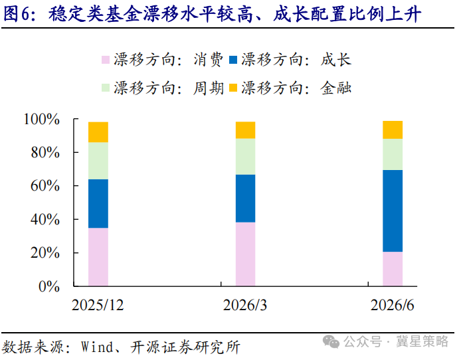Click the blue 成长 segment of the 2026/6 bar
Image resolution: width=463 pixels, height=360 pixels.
click(393, 211)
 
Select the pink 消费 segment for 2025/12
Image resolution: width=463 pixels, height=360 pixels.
click(98, 257)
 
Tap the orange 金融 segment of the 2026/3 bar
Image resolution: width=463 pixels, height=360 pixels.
click(245, 130)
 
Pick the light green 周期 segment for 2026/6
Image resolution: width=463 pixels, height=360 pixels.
click(393, 155)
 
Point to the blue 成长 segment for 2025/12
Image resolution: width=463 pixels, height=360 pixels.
click(98, 204)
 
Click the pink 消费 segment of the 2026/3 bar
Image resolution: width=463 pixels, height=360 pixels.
click(245, 254)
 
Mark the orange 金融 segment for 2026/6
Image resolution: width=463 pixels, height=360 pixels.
click(393, 130)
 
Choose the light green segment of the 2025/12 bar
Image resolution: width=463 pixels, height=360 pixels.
click(98, 161)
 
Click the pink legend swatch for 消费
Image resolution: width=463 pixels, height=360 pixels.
click(106, 60)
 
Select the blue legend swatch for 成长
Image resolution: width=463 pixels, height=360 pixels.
click(233, 60)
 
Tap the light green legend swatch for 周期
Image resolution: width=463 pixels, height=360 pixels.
click(106, 88)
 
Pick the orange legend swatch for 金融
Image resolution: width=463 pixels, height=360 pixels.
click(233, 88)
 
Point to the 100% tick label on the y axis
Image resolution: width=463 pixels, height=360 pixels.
click(42, 120)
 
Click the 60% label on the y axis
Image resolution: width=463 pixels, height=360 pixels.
click(45, 186)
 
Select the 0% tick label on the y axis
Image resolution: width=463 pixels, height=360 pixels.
click(49, 286)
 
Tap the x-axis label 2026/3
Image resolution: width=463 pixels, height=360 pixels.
click(245, 305)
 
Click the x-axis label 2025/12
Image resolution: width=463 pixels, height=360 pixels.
click(98, 305)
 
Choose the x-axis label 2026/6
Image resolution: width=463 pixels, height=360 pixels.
click(392, 305)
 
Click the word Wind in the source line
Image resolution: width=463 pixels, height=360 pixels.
click(98, 347)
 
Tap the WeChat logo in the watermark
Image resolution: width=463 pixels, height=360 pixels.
click(331, 341)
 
